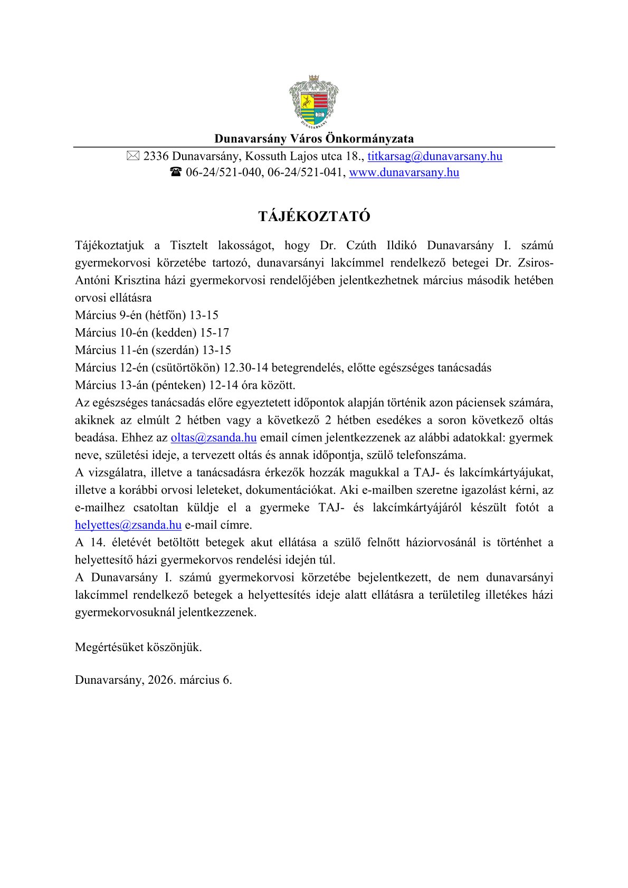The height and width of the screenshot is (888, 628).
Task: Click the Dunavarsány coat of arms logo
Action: [x=314, y=102]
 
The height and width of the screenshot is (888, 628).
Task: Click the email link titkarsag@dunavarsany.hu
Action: [x=435, y=156]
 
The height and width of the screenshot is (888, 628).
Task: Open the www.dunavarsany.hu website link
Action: [x=404, y=173]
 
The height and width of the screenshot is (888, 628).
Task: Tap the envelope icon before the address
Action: [x=133, y=156]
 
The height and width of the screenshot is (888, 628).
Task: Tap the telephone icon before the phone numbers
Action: [x=176, y=173]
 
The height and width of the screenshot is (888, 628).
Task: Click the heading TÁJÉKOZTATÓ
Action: [x=314, y=216]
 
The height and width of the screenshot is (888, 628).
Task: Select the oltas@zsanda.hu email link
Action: [x=214, y=437]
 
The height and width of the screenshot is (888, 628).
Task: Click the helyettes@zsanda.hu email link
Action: [x=128, y=525]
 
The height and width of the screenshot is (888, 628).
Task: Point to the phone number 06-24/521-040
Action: [x=224, y=173]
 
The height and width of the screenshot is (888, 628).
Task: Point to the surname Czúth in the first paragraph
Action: [x=361, y=245]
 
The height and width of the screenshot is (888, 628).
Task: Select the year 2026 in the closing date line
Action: [x=161, y=680]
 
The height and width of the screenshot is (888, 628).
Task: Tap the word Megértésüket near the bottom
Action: [x=109, y=647]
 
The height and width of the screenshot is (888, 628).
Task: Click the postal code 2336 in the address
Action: [x=156, y=156]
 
